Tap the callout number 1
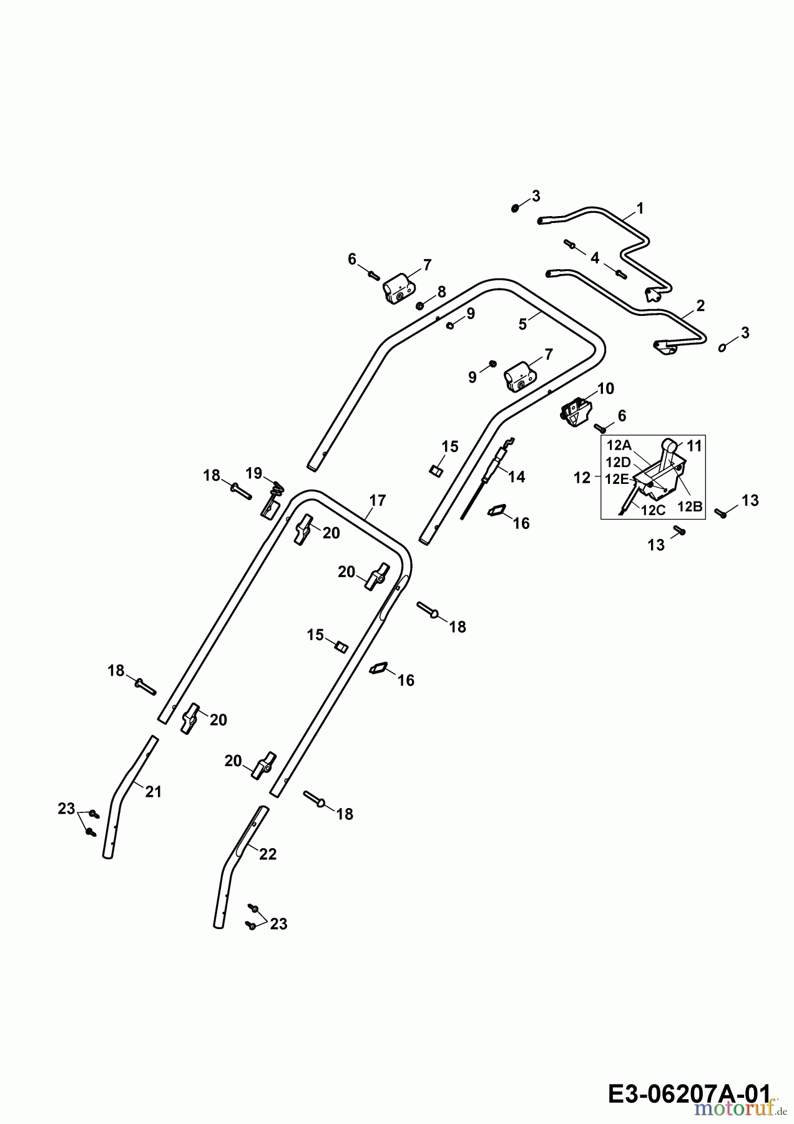(640, 208)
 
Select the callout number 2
(700, 305)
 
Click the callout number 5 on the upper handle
(522, 324)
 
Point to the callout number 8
(442, 291)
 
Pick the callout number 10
(605, 388)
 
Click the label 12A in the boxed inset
(619, 445)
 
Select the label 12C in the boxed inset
(654, 510)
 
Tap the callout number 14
(517, 476)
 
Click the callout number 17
(378, 500)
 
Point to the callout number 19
(253, 473)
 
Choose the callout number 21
(154, 792)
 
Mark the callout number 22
(268, 854)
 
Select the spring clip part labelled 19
(270, 503)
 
